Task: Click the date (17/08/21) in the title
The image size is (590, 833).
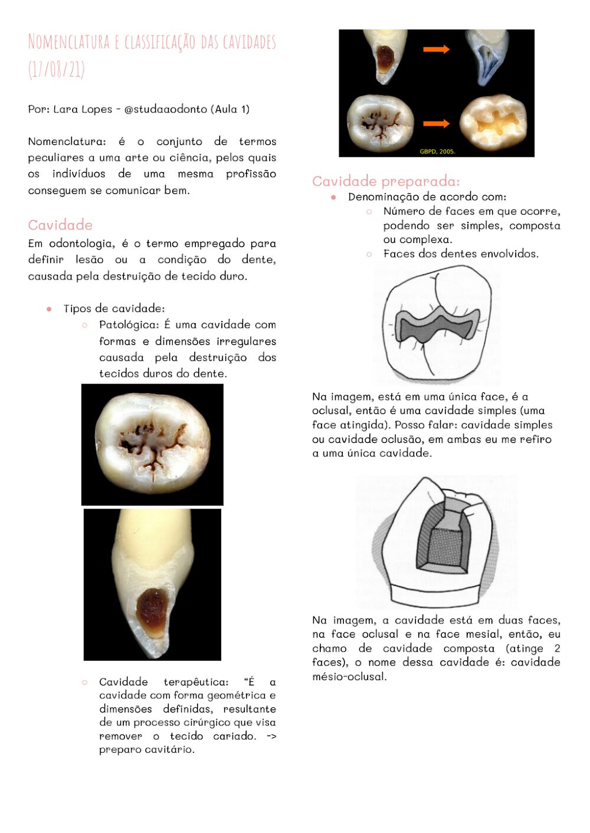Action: (57, 70)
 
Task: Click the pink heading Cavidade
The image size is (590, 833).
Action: (60, 225)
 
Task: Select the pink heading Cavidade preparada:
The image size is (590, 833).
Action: (386, 181)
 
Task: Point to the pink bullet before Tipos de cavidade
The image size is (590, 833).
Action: (49, 309)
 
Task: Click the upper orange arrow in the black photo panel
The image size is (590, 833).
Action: (436, 50)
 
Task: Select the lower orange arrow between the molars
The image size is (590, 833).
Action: (436, 123)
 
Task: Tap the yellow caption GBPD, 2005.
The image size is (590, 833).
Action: (437, 152)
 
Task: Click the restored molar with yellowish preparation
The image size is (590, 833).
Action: (493, 123)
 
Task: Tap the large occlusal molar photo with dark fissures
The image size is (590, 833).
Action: (152, 444)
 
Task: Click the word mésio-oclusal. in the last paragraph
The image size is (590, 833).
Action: (349, 677)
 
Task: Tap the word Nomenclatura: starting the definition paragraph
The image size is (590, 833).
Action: (67, 142)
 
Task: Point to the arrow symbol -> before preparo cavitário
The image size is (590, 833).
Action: (271, 736)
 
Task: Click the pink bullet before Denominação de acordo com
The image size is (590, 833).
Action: (333, 197)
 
